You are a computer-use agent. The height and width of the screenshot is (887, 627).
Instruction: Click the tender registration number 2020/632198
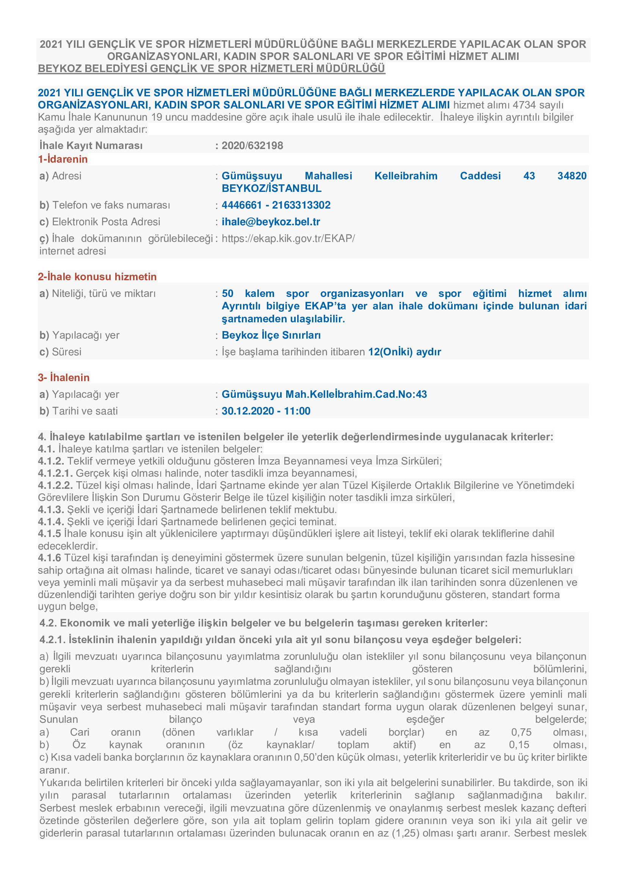coord(252,146)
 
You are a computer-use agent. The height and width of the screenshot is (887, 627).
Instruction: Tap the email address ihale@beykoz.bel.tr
coord(271,222)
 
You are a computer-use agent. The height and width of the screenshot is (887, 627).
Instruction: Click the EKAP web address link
coord(288,239)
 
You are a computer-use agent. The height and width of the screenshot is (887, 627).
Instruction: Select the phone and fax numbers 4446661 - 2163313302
coord(276,205)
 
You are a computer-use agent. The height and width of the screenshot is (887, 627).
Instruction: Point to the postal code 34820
coord(571,176)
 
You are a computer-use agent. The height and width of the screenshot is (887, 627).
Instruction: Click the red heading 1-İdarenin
coord(63,159)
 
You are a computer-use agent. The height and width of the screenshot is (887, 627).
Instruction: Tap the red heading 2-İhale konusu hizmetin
coord(97,276)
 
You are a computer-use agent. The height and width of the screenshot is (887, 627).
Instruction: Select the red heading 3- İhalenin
coord(64,377)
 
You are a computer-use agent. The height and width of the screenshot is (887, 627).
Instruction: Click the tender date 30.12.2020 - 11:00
coord(266,411)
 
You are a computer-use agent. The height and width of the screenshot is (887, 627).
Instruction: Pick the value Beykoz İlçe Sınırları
coord(271,335)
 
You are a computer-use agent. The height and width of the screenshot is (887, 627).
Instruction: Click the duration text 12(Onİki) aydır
coord(404,352)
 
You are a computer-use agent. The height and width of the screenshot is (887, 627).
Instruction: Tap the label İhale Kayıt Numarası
coord(91,146)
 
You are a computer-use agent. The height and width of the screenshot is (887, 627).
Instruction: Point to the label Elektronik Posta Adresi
coord(106,222)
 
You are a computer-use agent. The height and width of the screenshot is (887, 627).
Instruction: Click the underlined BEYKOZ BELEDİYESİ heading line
coord(211,69)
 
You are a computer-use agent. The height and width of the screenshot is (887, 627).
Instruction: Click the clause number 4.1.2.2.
coord(55,485)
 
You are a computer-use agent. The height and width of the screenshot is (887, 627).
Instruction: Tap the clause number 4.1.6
coord(49,558)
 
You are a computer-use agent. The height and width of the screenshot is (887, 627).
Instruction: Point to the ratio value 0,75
coord(521,732)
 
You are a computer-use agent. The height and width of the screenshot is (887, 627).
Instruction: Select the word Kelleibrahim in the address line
coord(405,176)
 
